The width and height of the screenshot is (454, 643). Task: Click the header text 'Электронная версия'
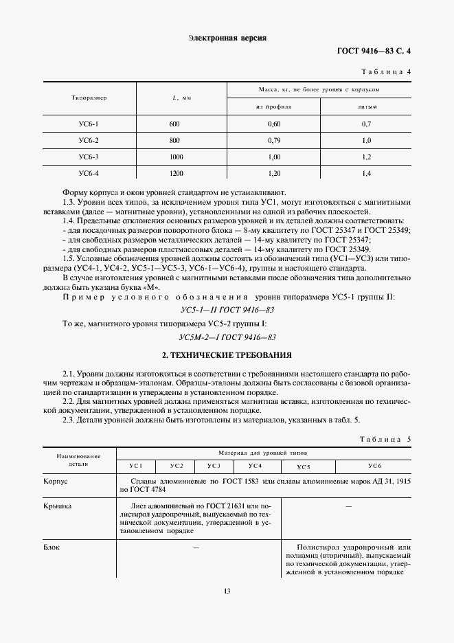pyautogui.click(x=227, y=38)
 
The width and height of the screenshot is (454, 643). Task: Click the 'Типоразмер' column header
pyautogui.click(x=89, y=98)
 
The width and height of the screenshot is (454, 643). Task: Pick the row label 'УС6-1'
pyautogui.click(x=89, y=124)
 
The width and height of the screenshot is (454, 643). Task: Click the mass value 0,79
pyautogui.click(x=274, y=141)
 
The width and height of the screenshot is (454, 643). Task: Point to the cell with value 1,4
pyautogui.click(x=366, y=174)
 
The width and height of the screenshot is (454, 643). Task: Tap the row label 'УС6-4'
pyautogui.click(x=89, y=174)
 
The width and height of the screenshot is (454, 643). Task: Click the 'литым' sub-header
pyautogui.click(x=366, y=107)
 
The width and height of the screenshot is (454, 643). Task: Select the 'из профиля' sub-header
pyautogui.click(x=274, y=107)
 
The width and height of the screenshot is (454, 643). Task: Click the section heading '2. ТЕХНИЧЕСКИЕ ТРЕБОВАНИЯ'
pyautogui.click(x=227, y=355)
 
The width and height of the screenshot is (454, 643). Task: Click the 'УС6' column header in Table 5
pyautogui.click(x=374, y=466)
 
